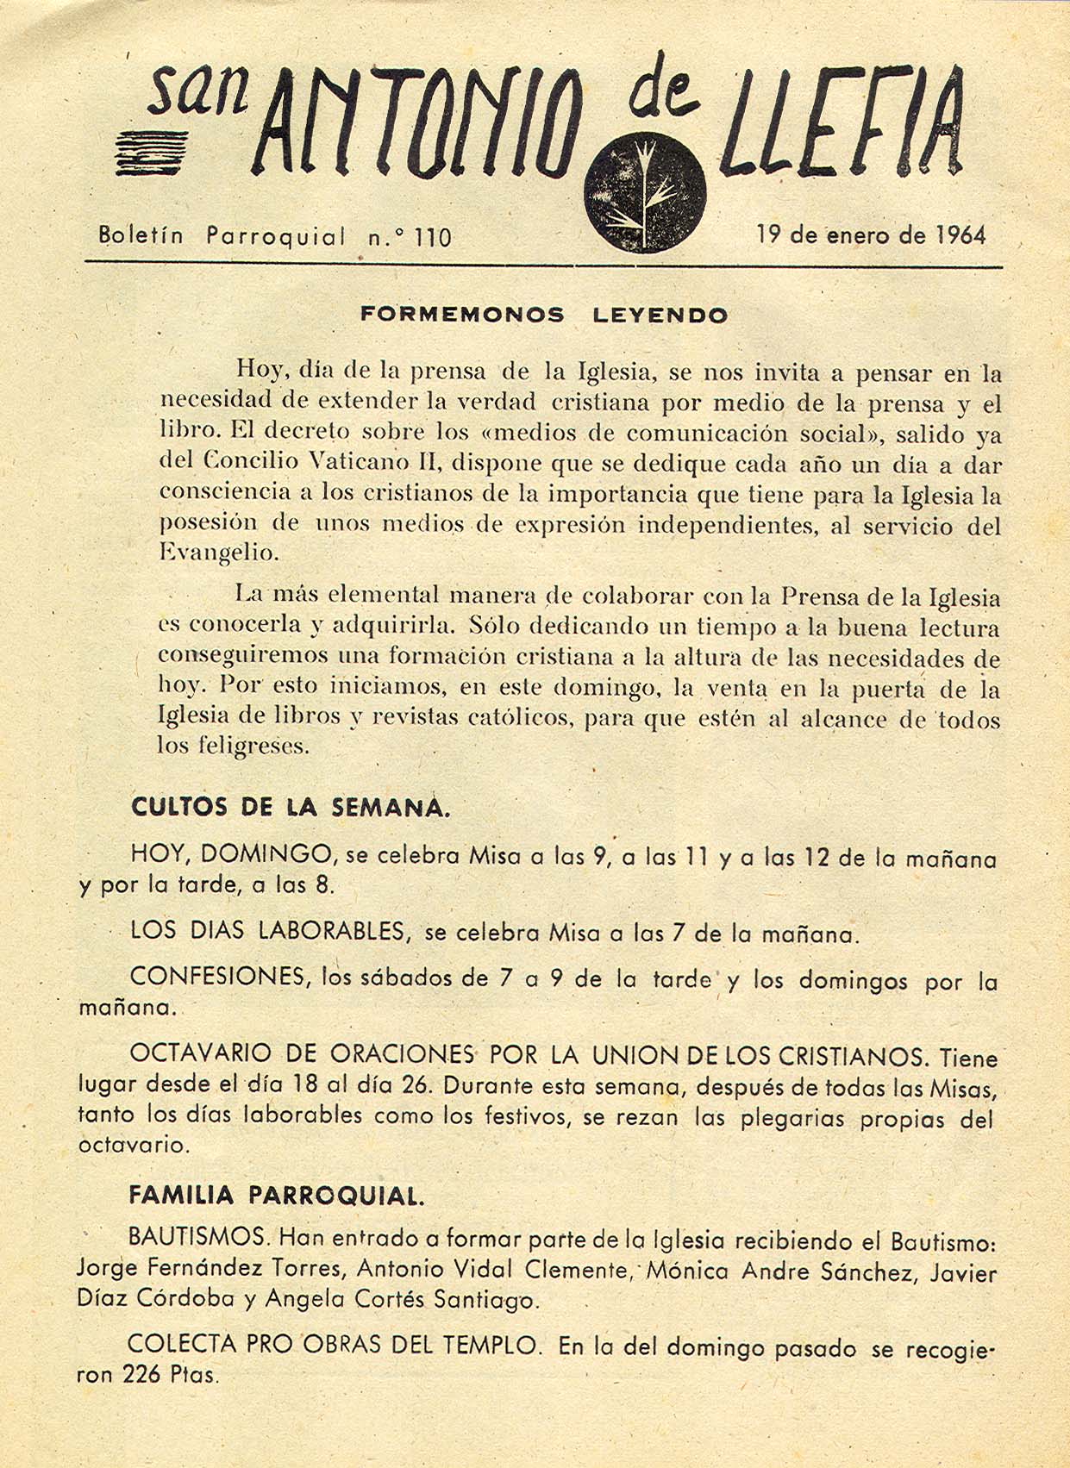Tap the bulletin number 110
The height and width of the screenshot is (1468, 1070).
pos(432,237)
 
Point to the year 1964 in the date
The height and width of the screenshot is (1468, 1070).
pos(960,234)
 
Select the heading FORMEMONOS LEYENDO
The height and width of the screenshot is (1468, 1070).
pos(544,315)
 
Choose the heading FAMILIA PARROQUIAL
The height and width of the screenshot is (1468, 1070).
pos(276,1196)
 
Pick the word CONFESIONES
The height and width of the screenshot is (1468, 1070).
pos(220,977)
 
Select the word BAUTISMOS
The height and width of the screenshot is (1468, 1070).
pos(197,1238)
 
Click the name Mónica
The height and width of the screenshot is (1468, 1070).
pos(687,1271)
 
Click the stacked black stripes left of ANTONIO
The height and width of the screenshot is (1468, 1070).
pos(158,154)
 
